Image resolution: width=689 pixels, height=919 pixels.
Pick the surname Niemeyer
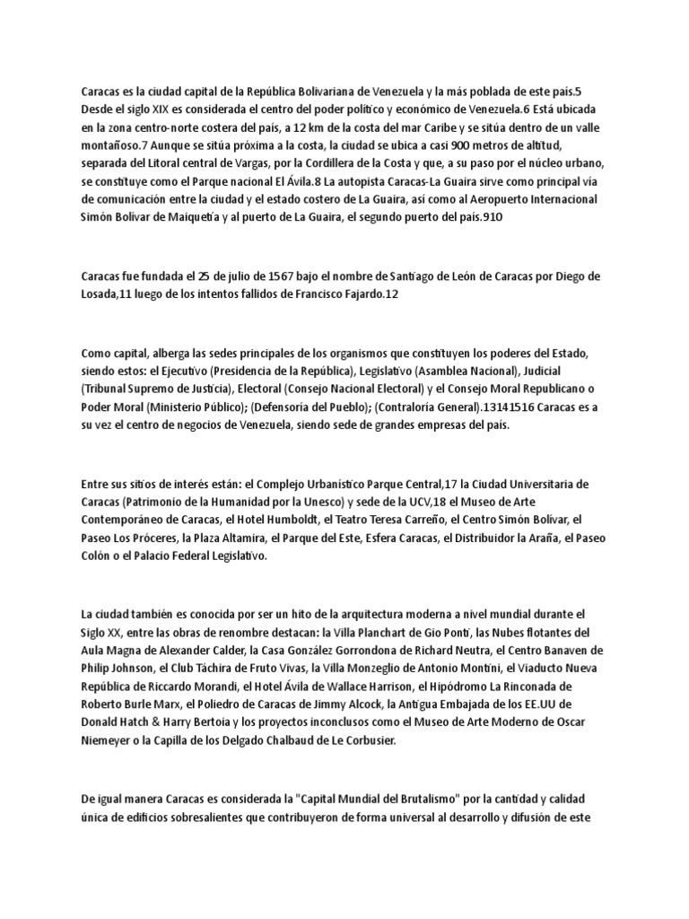(111, 742)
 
